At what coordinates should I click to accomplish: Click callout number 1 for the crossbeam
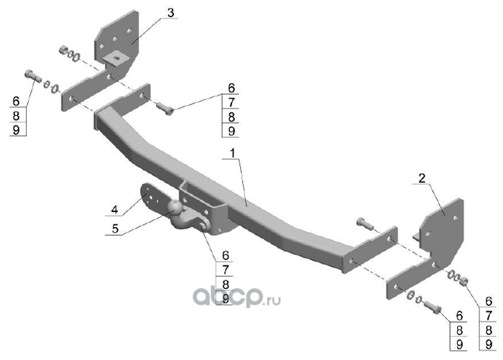232,153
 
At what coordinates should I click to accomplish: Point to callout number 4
114,211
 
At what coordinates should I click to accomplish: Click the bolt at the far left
29,74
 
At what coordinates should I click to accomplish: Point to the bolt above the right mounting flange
364,223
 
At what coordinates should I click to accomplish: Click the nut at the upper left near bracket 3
63,50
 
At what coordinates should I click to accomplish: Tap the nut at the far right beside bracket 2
464,280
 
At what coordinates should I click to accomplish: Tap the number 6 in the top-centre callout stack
231,88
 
